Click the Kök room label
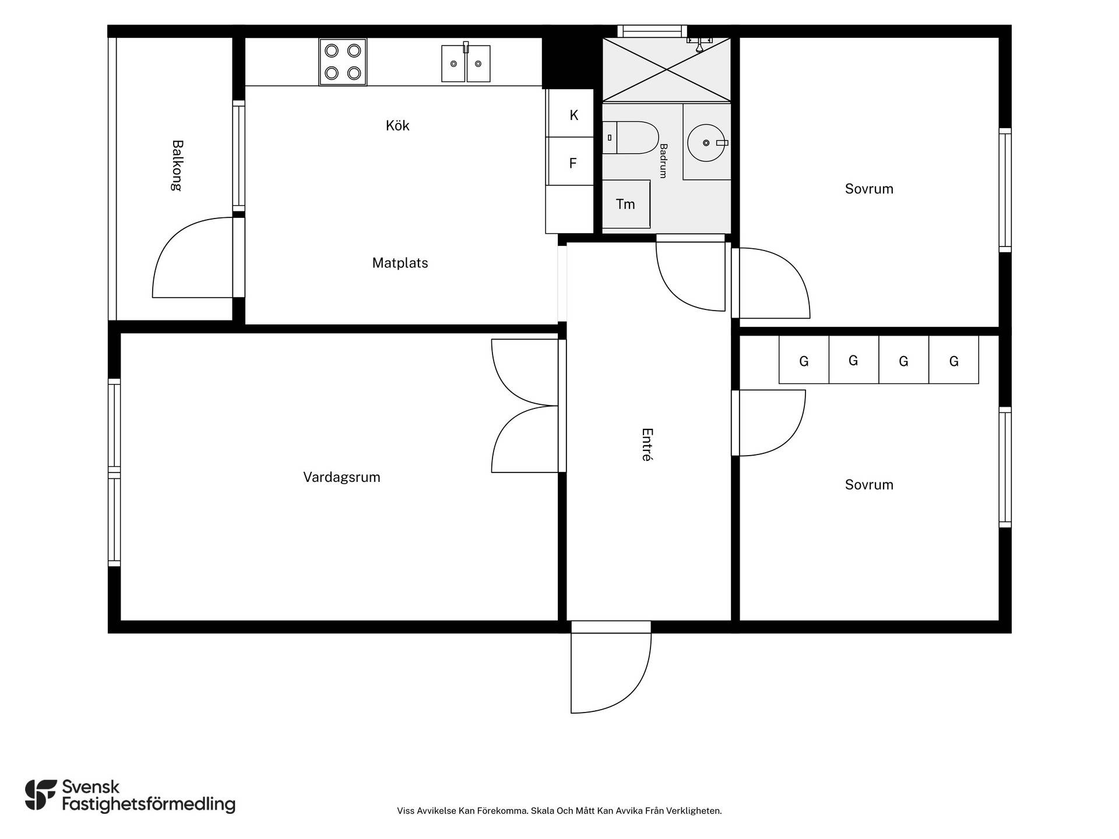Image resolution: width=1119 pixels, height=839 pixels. tap(397, 125)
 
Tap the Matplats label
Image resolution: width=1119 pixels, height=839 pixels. tap(400, 263)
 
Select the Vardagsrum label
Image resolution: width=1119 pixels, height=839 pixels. tap(342, 477)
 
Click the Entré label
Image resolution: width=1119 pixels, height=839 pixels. tap(647, 445)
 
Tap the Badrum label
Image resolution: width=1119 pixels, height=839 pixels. tap(663, 160)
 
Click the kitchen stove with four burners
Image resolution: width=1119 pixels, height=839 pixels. tap(343, 62)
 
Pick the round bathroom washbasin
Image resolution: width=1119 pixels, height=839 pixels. tap(706, 142)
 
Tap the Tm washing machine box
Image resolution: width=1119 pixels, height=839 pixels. tap(626, 204)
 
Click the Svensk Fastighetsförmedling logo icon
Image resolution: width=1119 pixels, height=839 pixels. tap(41, 795)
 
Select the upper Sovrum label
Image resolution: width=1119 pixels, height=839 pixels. tap(869, 189)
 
